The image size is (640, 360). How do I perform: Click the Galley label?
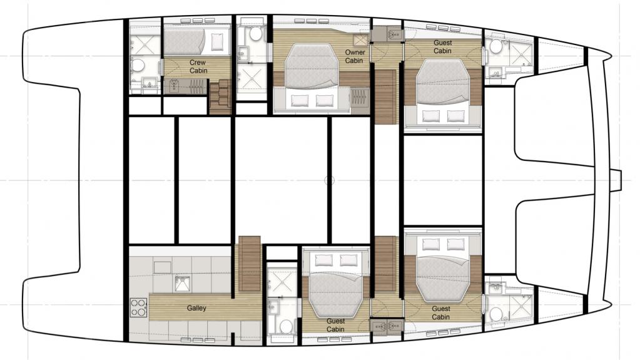click(196, 308)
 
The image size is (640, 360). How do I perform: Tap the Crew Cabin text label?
click(198, 66)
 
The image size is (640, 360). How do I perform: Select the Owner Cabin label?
click(354, 56)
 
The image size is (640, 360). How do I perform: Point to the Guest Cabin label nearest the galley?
click(335, 326)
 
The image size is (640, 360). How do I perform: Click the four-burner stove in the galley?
click(138, 307)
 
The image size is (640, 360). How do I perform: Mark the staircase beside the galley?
click(250, 264)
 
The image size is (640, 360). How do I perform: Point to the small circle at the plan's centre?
click(329, 180)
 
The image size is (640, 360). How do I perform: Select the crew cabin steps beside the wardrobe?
click(220, 97)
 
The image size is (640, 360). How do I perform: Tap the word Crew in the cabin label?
click(198, 63)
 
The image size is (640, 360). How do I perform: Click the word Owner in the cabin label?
click(355, 53)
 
